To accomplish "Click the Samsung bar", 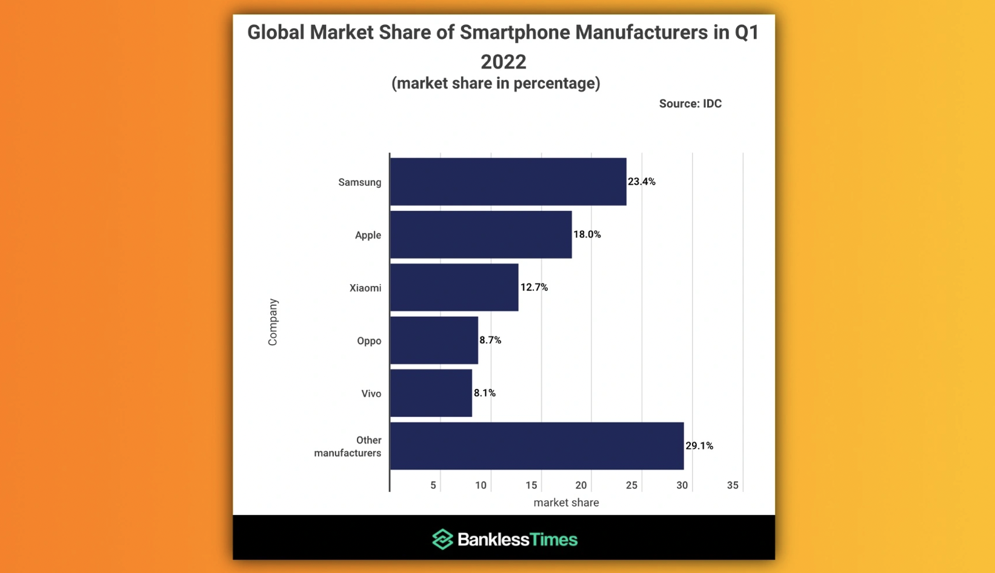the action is pyautogui.click(x=508, y=182).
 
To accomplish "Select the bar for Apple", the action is pyautogui.click(x=481, y=234).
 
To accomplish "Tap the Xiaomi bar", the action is pyautogui.click(x=454, y=287).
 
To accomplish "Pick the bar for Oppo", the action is pyautogui.click(x=434, y=340).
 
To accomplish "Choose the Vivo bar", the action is pyautogui.click(x=431, y=392).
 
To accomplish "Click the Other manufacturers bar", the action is pyautogui.click(x=537, y=446).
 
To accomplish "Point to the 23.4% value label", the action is pyautogui.click(x=642, y=182).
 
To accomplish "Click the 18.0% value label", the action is pyautogui.click(x=587, y=234).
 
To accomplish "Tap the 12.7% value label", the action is pyautogui.click(x=534, y=287).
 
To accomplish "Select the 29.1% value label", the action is pyautogui.click(x=699, y=446).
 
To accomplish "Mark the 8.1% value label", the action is pyautogui.click(x=485, y=392).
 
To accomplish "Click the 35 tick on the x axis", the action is pyautogui.click(x=733, y=485).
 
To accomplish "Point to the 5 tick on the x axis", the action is pyautogui.click(x=433, y=485).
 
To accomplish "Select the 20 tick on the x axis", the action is pyautogui.click(x=581, y=485).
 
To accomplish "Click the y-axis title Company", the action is pyautogui.click(x=273, y=322).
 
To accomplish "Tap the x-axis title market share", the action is pyautogui.click(x=567, y=502).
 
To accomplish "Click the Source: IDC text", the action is pyautogui.click(x=690, y=104).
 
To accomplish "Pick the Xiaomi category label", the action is pyautogui.click(x=365, y=288).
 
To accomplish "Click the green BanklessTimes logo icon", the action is pyautogui.click(x=442, y=539).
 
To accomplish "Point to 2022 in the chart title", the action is pyautogui.click(x=504, y=62).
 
